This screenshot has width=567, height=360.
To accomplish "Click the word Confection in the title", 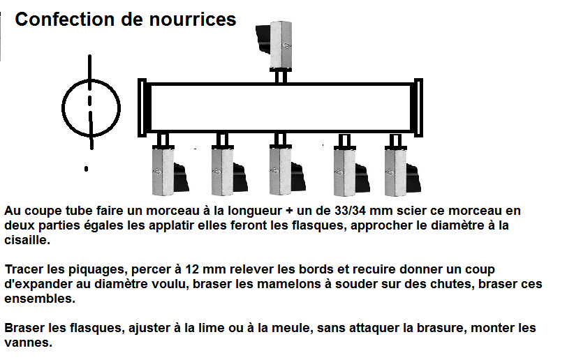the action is [x=58, y=20].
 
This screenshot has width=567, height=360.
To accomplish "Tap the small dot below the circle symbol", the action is [x=87, y=168].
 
